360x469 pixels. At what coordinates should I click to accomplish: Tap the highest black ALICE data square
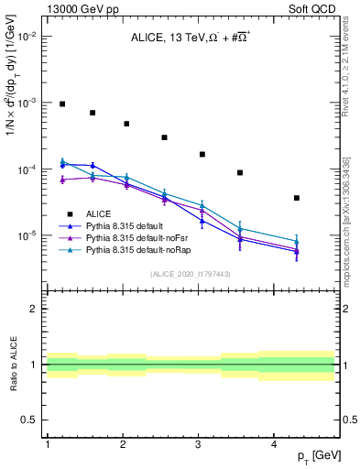pyautogui.click(x=62, y=104)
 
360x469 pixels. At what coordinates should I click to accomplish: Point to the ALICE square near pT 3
pyautogui.click(x=202, y=154)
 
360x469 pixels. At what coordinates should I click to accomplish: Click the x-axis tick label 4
pyautogui.click(x=274, y=444)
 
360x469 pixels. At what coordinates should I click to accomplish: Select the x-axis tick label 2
pyautogui.click(x=123, y=444)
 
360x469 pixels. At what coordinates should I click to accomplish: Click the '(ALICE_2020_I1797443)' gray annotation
pyautogui.click(x=191, y=274)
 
